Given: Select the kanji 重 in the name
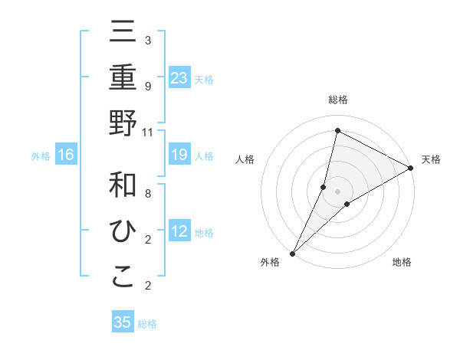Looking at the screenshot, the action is pos(123,79).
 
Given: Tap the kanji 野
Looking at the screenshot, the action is pos(123,123).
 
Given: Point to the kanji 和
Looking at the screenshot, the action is pos(123,186).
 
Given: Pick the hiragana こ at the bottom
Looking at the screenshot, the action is pos(123,277).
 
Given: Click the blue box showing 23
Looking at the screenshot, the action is pos(179,78).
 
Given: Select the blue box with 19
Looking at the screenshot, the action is pos(179,155).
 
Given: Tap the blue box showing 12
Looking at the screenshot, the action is pos(179,231).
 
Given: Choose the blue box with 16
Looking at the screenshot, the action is pos(66,155).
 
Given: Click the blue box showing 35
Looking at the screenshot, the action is pos(123,322).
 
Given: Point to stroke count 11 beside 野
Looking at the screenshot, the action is pos(148,132).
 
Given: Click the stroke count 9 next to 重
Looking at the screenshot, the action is pos(147,86).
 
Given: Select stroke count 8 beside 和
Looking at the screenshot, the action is pos(147,193).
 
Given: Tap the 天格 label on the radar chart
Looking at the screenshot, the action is pos(431,159).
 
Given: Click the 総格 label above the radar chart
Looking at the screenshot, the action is pos(337,100).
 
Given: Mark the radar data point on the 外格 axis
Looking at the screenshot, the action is pos(292,252).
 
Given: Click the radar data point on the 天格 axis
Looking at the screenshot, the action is pos(411,169).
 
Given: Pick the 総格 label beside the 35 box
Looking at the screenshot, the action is pos(147,324).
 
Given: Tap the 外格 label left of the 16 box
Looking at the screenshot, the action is pos(41,156).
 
